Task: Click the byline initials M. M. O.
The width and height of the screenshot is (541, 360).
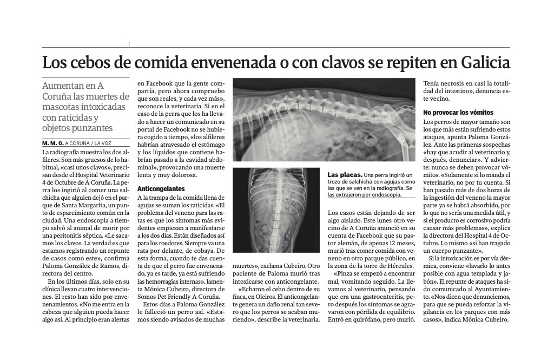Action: coord(52,143)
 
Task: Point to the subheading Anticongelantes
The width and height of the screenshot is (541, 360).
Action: coord(161,189)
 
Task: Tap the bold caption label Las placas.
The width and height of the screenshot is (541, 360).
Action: coord(344,175)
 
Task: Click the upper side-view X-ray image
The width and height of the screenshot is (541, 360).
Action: coord(322,120)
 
